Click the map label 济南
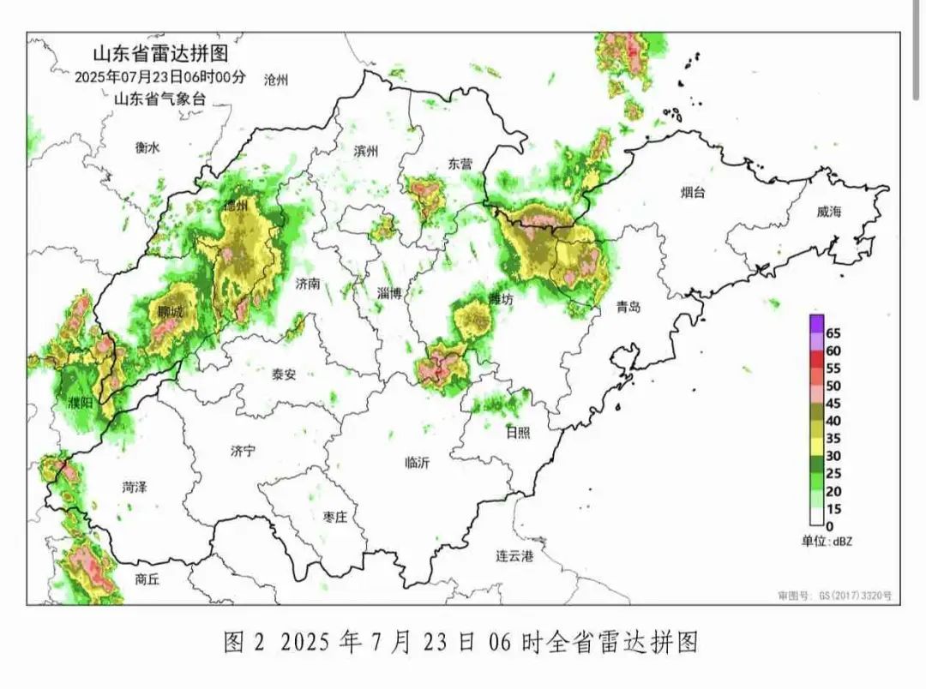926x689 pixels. pos(307,283)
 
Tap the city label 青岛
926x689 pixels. pos(628,307)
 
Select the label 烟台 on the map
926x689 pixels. pos(693,193)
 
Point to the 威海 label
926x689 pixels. pos(829,212)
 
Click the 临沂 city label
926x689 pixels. pos(418,463)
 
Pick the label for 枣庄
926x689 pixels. pos(334,517)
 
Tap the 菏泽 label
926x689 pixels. pos(135,488)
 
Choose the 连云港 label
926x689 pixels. pos(514,557)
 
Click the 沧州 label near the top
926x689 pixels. pos(277,81)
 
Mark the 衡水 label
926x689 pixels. pos(147,147)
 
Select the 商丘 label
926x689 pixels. pos(147,579)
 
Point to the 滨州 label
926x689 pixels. pos(365,151)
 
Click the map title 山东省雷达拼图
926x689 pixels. pos(160,54)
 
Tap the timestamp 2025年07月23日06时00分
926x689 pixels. pos(160,76)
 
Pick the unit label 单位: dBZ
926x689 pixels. pos(827,541)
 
